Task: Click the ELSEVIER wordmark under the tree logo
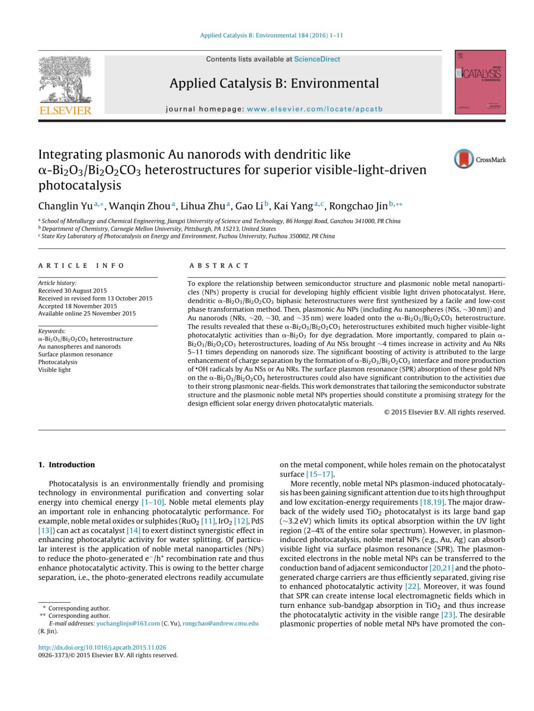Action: click(x=65, y=110)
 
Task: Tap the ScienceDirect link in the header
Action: click(x=317, y=59)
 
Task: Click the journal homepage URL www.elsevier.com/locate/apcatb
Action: click(x=315, y=109)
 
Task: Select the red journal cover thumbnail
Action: click(x=480, y=82)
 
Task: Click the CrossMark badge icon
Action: click(x=464, y=159)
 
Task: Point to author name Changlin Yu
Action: click(x=65, y=206)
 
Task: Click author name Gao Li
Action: click(x=249, y=206)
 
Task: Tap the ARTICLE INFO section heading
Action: click(x=81, y=265)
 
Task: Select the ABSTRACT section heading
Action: click(x=219, y=265)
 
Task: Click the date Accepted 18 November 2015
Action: click(x=77, y=306)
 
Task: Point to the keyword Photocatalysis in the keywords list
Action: click(x=58, y=362)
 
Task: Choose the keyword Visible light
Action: click(x=54, y=370)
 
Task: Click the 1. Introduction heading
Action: click(x=67, y=465)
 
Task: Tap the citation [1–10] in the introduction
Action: click(x=153, y=502)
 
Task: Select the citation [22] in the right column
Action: click(x=412, y=586)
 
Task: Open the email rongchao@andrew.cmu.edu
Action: click(x=220, y=623)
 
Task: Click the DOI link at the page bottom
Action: click(x=102, y=647)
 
